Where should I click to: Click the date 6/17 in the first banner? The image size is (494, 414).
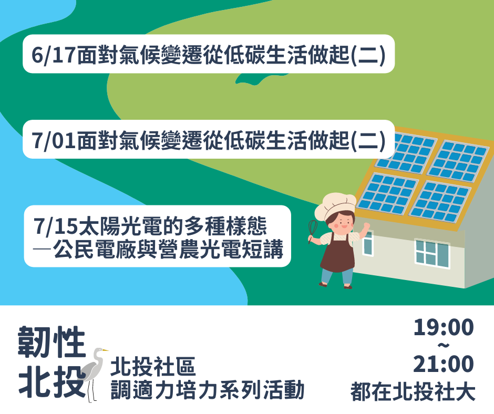54,55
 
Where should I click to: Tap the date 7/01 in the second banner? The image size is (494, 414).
54,140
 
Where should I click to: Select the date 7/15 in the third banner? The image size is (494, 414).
56,226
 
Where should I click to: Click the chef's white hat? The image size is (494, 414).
335,205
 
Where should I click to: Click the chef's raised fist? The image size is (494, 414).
366,225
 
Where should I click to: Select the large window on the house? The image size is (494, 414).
432,253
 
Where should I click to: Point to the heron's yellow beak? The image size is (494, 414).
105,350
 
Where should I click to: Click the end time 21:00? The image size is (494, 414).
444,364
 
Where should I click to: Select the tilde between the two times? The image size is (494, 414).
444,346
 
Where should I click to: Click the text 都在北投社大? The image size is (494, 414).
413,391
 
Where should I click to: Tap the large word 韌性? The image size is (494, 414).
52,341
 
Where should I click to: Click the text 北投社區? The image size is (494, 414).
153,367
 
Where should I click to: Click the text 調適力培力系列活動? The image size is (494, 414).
207,390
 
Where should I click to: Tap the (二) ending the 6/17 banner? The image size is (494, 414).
368,55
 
